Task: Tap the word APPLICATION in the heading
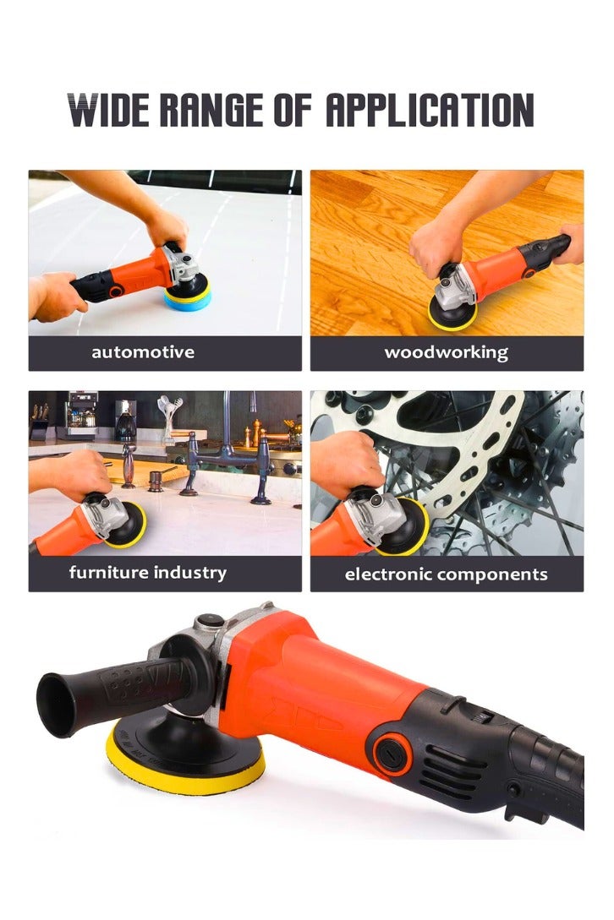(x=429, y=110)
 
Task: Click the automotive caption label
(x=143, y=352)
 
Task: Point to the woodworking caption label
(x=447, y=352)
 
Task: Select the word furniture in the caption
(x=108, y=573)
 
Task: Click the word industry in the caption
(x=190, y=573)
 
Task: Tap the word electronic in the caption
(x=388, y=574)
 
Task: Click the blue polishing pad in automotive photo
(x=187, y=296)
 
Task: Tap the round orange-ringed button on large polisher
(x=391, y=744)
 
